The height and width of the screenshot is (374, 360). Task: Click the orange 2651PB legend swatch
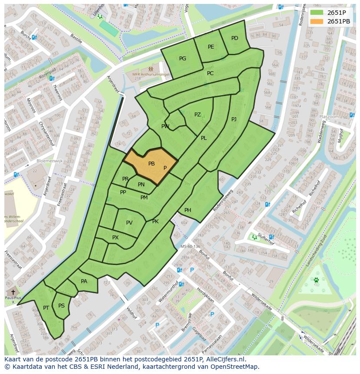(x=317, y=21)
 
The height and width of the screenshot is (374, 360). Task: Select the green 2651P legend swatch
(x=317, y=13)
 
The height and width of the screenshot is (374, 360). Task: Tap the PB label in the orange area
(x=151, y=164)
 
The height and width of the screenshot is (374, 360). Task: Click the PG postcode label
(x=183, y=59)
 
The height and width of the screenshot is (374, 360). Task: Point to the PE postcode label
(x=211, y=47)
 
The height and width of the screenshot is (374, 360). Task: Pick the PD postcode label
(x=235, y=38)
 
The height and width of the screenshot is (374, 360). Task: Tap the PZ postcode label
(x=197, y=115)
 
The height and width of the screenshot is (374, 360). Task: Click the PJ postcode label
(x=234, y=119)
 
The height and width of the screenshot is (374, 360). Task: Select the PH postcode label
(x=188, y=210)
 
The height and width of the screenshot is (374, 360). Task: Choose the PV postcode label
(x=129, y=223)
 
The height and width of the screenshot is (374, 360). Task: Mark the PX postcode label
(x=115, y=238)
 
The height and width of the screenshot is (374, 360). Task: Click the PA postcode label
(x=84, y=281)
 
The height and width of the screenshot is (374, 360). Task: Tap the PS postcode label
(x=61, y=306)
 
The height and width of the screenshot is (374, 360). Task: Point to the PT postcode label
(x=46, y=308)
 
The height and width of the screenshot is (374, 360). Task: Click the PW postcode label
(x=165, y=126)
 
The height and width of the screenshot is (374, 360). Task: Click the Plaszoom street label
(x=329, y=117)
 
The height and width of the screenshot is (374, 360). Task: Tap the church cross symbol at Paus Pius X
(x=13, y=292)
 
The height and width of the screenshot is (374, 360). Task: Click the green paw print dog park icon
(x=317, y=280)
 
